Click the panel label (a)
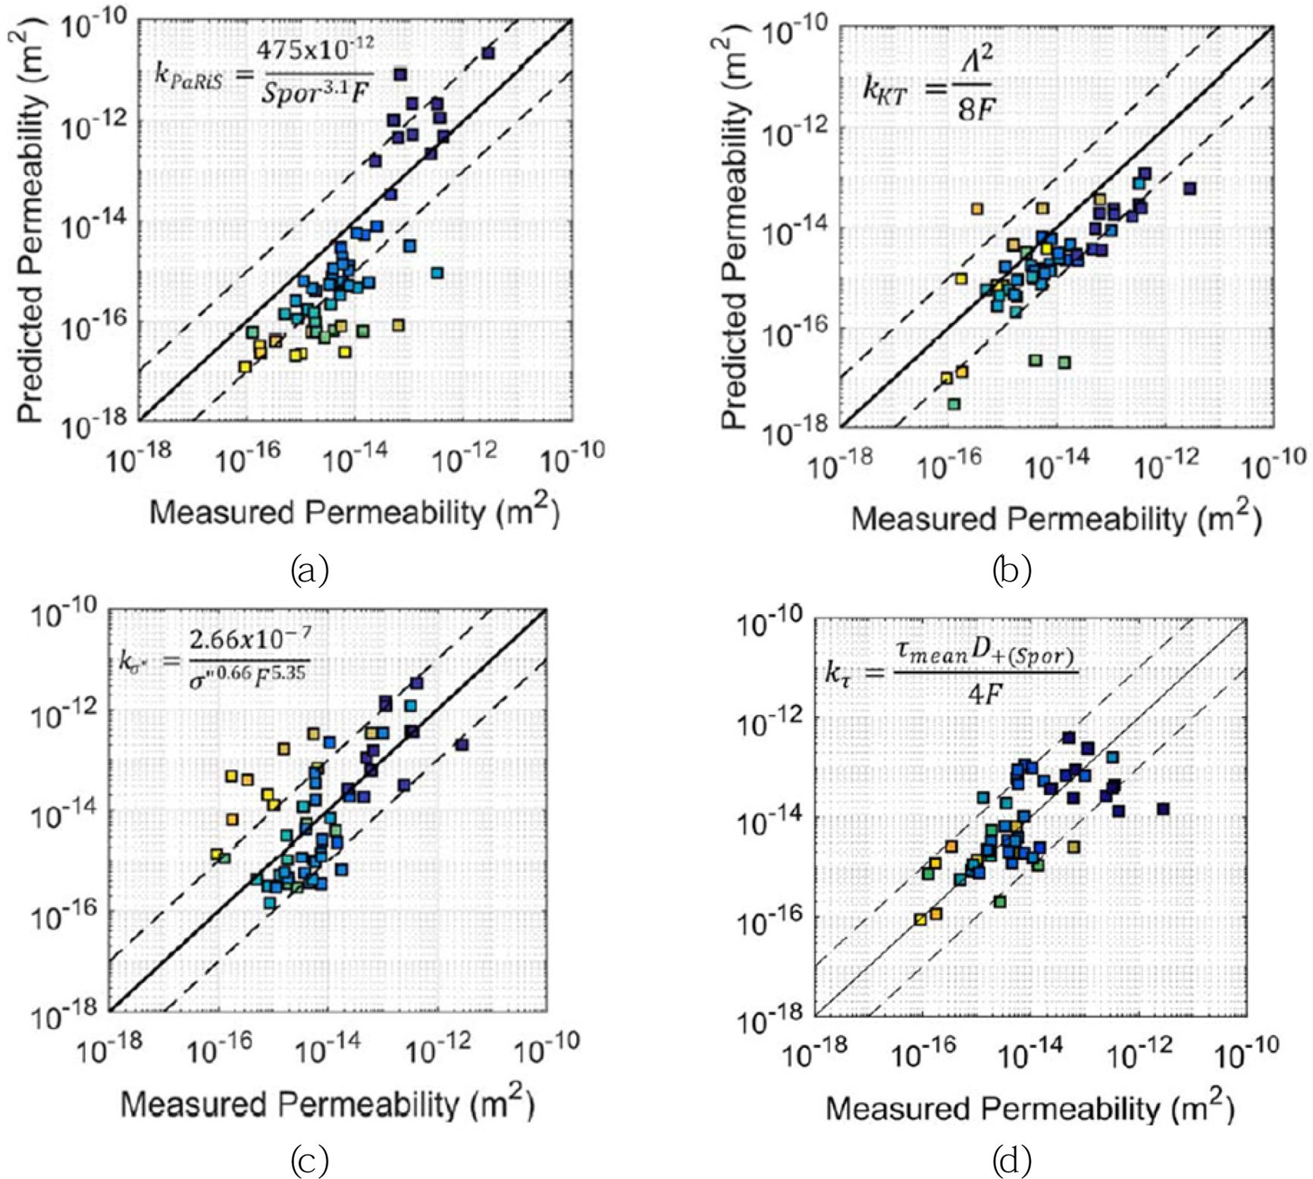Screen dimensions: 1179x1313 click(309, 569)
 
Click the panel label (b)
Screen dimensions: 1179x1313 click(1011, 569)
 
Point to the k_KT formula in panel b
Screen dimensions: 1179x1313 click(929, 88)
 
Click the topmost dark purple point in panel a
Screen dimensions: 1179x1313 click(488, 53)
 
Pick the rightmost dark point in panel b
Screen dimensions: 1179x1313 click(1190, 188)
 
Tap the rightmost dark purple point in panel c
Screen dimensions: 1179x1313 click(462, 745)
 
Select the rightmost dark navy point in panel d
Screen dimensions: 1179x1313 click(1163, 809)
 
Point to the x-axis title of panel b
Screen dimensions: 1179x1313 click(1055, 518)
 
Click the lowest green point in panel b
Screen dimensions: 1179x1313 click(954, 404)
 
